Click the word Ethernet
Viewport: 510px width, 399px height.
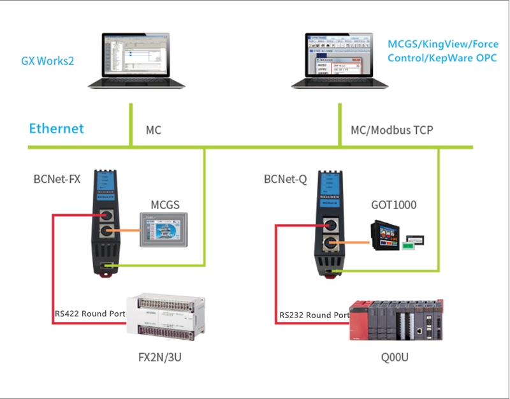56,129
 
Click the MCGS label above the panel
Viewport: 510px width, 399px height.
164,205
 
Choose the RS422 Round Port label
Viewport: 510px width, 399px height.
89,314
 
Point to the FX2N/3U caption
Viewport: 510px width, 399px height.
164,357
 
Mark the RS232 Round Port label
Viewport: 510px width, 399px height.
314,315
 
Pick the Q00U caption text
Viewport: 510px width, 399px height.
394,357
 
